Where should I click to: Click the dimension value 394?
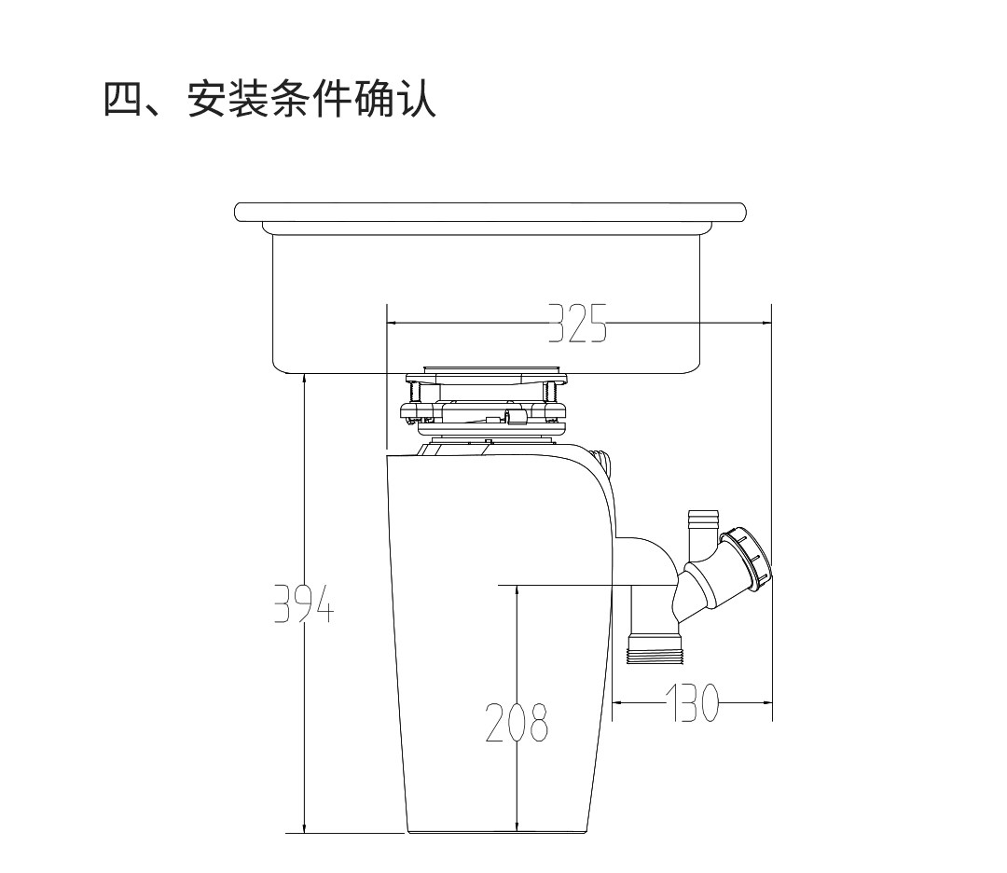coord(304,603)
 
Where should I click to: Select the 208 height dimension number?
coord(517,723)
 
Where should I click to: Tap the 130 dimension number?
coord(692,702)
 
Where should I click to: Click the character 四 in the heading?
coord(123,99)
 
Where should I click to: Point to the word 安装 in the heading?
coord(228,99)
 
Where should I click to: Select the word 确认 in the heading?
coord(395,99)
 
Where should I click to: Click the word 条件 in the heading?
coord(312,99)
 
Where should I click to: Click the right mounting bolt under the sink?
coord(550,402)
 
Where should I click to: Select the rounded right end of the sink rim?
coord(742,213)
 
